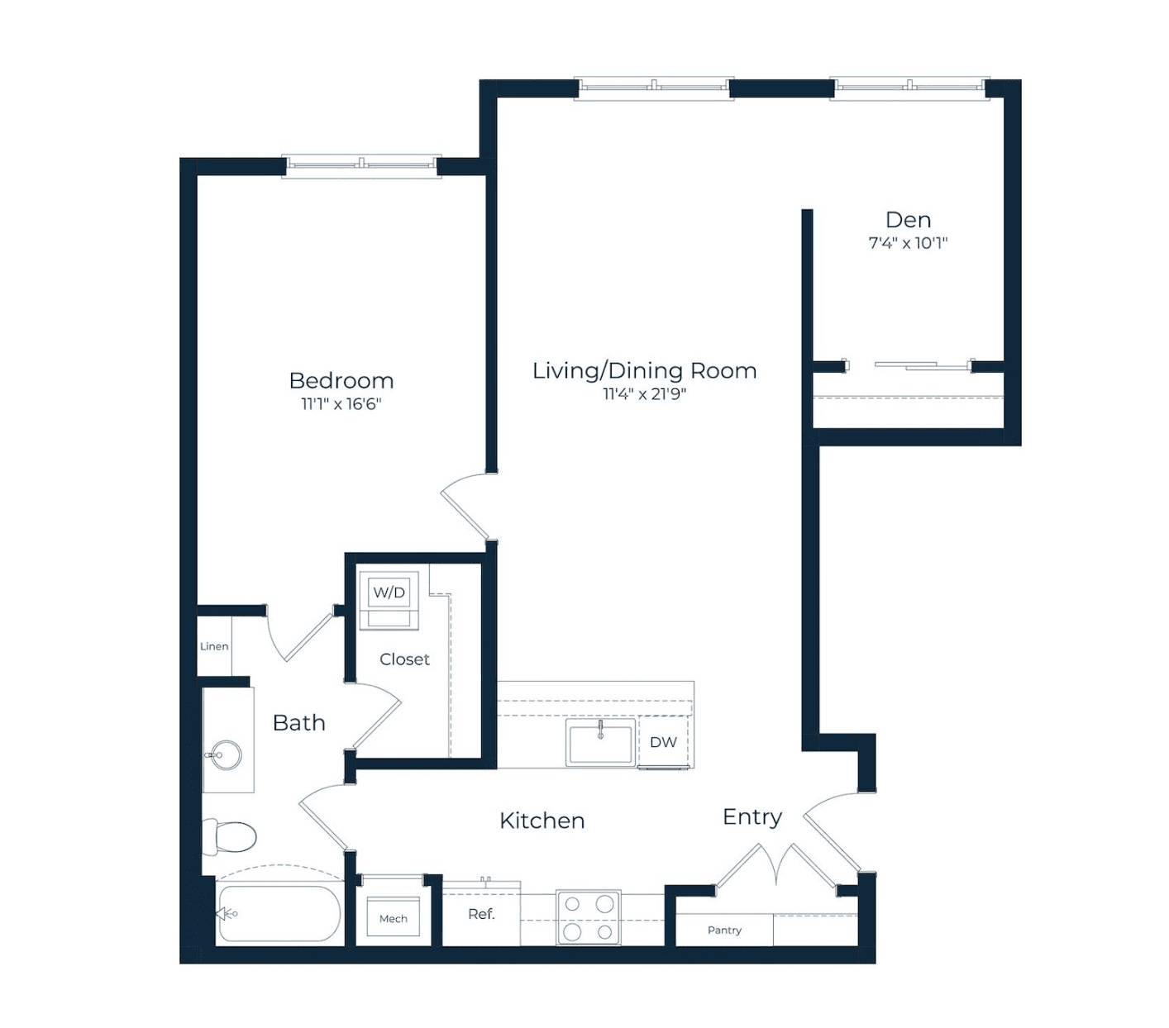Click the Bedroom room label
(341, 380)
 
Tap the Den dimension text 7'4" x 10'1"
(908, 243)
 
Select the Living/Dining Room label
(644, 370)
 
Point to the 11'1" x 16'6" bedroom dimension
(341, 403)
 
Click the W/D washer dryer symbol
(389, 600)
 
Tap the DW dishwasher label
(663, 742)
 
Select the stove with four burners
(589, 918)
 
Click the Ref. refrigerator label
(481, 914)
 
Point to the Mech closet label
(393, 918)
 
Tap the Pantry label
(724, 930)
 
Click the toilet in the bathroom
(228, 837)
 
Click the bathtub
(279, 914)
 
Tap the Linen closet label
(214, 646)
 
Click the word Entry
(751, 817)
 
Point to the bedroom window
(361, 166)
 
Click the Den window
(909, 88)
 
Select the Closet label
(404, 659)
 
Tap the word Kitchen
(542, 821)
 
